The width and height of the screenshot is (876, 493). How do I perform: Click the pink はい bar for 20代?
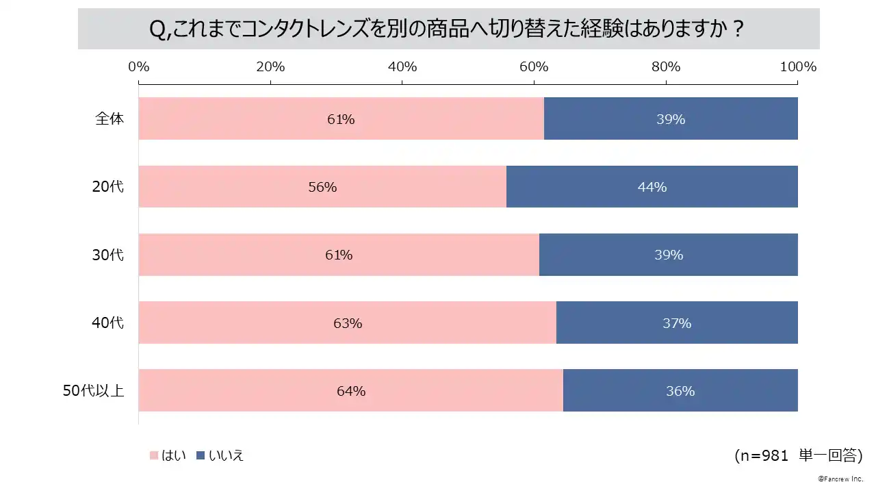click(x=322, y=186)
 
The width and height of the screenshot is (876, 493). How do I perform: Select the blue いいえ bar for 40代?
click(x=677, y=323)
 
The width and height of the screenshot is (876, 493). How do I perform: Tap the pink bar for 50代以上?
click(x=350, y=390)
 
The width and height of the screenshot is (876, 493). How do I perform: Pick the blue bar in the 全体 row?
click(x=671, y=118)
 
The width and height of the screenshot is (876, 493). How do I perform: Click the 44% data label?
click(x=652, y=187)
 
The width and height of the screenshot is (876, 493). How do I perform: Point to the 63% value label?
click(x=348, y=323)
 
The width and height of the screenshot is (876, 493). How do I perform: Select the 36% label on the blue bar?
click(x=680, y=391)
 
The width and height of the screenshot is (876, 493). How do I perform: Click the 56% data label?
click(x=322, y=187)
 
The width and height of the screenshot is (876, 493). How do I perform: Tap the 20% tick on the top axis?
click(x=270, y=66)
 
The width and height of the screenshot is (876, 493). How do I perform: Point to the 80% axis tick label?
click(x=665, y=66)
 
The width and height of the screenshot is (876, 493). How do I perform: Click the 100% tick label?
click(x=798, y=66)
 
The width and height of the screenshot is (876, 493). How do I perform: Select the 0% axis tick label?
click(x=139, y=66)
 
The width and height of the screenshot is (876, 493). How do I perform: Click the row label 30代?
click(x=108, y=255)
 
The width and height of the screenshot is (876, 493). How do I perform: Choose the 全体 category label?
click(x=109, y=118)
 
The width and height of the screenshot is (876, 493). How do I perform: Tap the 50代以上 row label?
click(x=93, y=391)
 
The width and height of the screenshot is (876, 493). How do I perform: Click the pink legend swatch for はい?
click(x=153, y=455)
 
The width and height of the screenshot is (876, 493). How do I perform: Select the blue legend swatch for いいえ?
click(x=201, y=455)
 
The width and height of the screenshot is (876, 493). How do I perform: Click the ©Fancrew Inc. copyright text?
click(x=840, y=477)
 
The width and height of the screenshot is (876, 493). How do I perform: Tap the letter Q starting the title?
click(x=157, y=31)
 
